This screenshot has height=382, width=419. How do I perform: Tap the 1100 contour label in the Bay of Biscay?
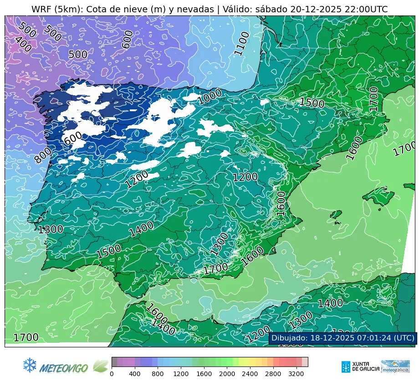(242, 43)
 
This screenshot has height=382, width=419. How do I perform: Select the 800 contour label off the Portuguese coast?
(43, 155)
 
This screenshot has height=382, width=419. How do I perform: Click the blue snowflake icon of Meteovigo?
(30, 365)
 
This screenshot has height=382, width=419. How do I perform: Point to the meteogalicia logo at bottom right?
(395, 367)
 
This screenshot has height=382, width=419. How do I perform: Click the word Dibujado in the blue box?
(288, 338)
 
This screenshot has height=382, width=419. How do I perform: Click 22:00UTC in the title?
(364, 10)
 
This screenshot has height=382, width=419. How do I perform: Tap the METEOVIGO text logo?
(64, 367)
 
